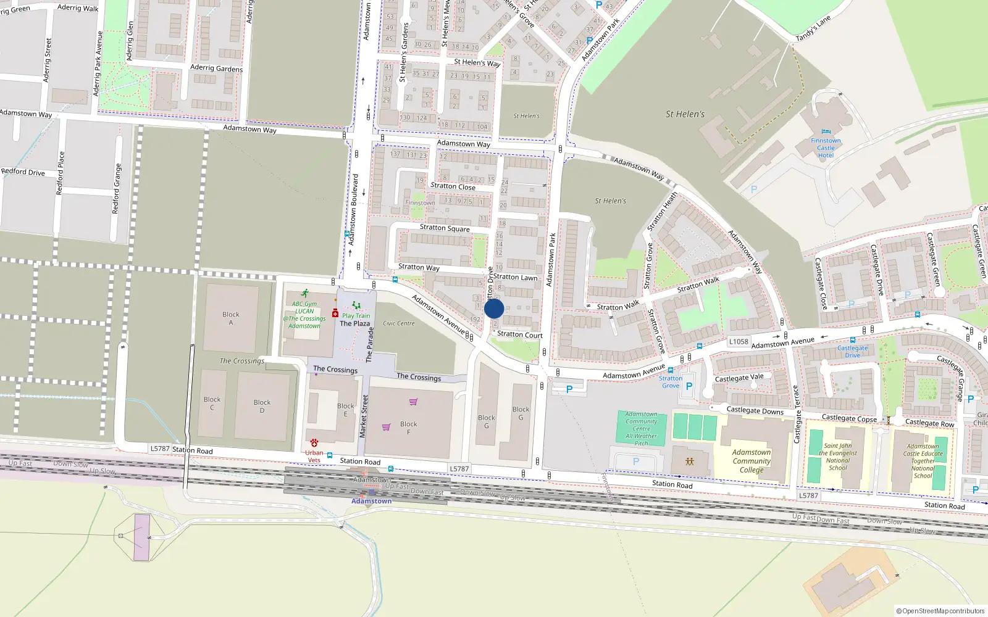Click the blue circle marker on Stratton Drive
pyautogui.click(x=494, y=308)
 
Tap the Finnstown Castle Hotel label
pyautogui.click(x=826, y=148)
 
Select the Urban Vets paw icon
pyautogui.click(x=314, y=443)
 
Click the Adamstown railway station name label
pyautogui.click(x=371, y=501)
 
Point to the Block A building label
pyautogui.click(x=231, y=318)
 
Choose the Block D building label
pyautogui.click(x=262, y=406)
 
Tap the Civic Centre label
pyautogui.click(x=399, y=323)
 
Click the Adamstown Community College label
pyautogui.click(x=751, y=461)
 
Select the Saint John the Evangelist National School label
pyautogui.click(x=838, y=457)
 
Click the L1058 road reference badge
pyautogui.click(x=739, y=341)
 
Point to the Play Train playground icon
pyautogui.click(x=356, y=305)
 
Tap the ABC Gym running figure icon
pyautogui.click(x=304, y=294)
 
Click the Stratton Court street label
pyautogui.click(x=520, y=334)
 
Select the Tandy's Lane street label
pyautogui.click(x=813, y=28)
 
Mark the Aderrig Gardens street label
pyautogui.click(x=216, y=68)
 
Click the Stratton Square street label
pyautogui.click(x=445, y=228)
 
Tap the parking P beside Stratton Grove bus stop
pyautogui.click(x=689, y=386)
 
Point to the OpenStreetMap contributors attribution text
pyautogui.click(x=940, y=611)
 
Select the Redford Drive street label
pyautogui.click(x=23, y=172)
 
